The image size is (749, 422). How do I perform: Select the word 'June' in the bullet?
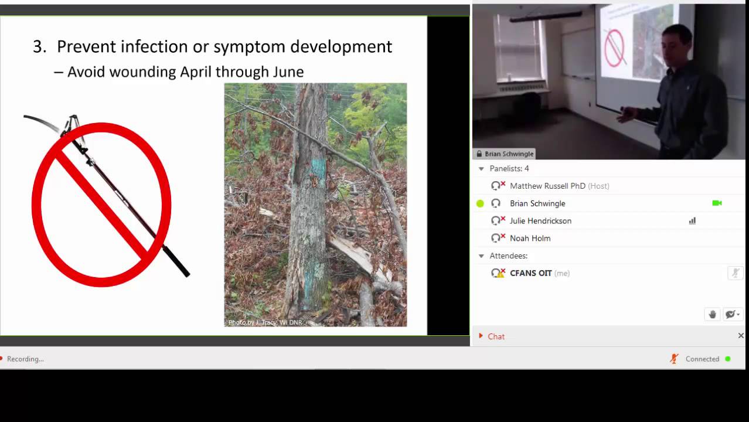[x=288, y=72]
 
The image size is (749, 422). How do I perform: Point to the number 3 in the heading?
[x=39, y=47]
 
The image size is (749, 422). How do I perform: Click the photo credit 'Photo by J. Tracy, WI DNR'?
[x=265, y=322]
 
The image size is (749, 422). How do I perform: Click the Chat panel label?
[x=496, y=336]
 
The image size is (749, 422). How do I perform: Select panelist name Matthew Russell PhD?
[x=547, y=186]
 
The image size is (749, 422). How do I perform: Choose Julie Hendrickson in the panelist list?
[x=540, y=221]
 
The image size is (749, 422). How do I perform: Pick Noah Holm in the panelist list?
[x=530, y=239]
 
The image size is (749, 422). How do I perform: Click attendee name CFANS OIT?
[x=530, y=273]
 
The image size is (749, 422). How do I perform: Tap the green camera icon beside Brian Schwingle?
[x=717, y=203]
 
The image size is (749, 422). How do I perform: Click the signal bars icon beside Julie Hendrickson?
[x=692, y=221]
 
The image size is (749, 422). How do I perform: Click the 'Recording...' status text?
[x=25, y=359]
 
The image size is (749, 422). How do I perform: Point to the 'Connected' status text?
[x=702, y=359]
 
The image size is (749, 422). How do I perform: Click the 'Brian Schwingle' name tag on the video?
[x=509, y=154]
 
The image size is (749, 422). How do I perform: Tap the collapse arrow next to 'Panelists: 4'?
[x=482, y=169]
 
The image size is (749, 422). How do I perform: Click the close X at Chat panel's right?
[x=741, y=336]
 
